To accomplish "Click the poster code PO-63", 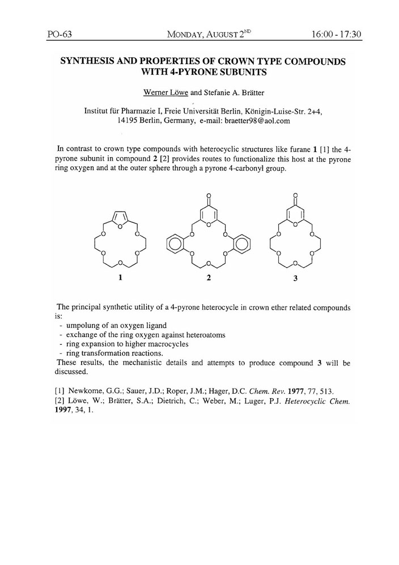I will [58, 35].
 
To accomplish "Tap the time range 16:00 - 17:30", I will [336, 35].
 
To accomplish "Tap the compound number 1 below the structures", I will [120, 278].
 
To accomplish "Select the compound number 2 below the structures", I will [209, 278].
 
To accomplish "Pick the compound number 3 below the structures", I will [295, 279].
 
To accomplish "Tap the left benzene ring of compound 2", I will [175, 244].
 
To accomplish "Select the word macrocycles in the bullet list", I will [165, 344].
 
